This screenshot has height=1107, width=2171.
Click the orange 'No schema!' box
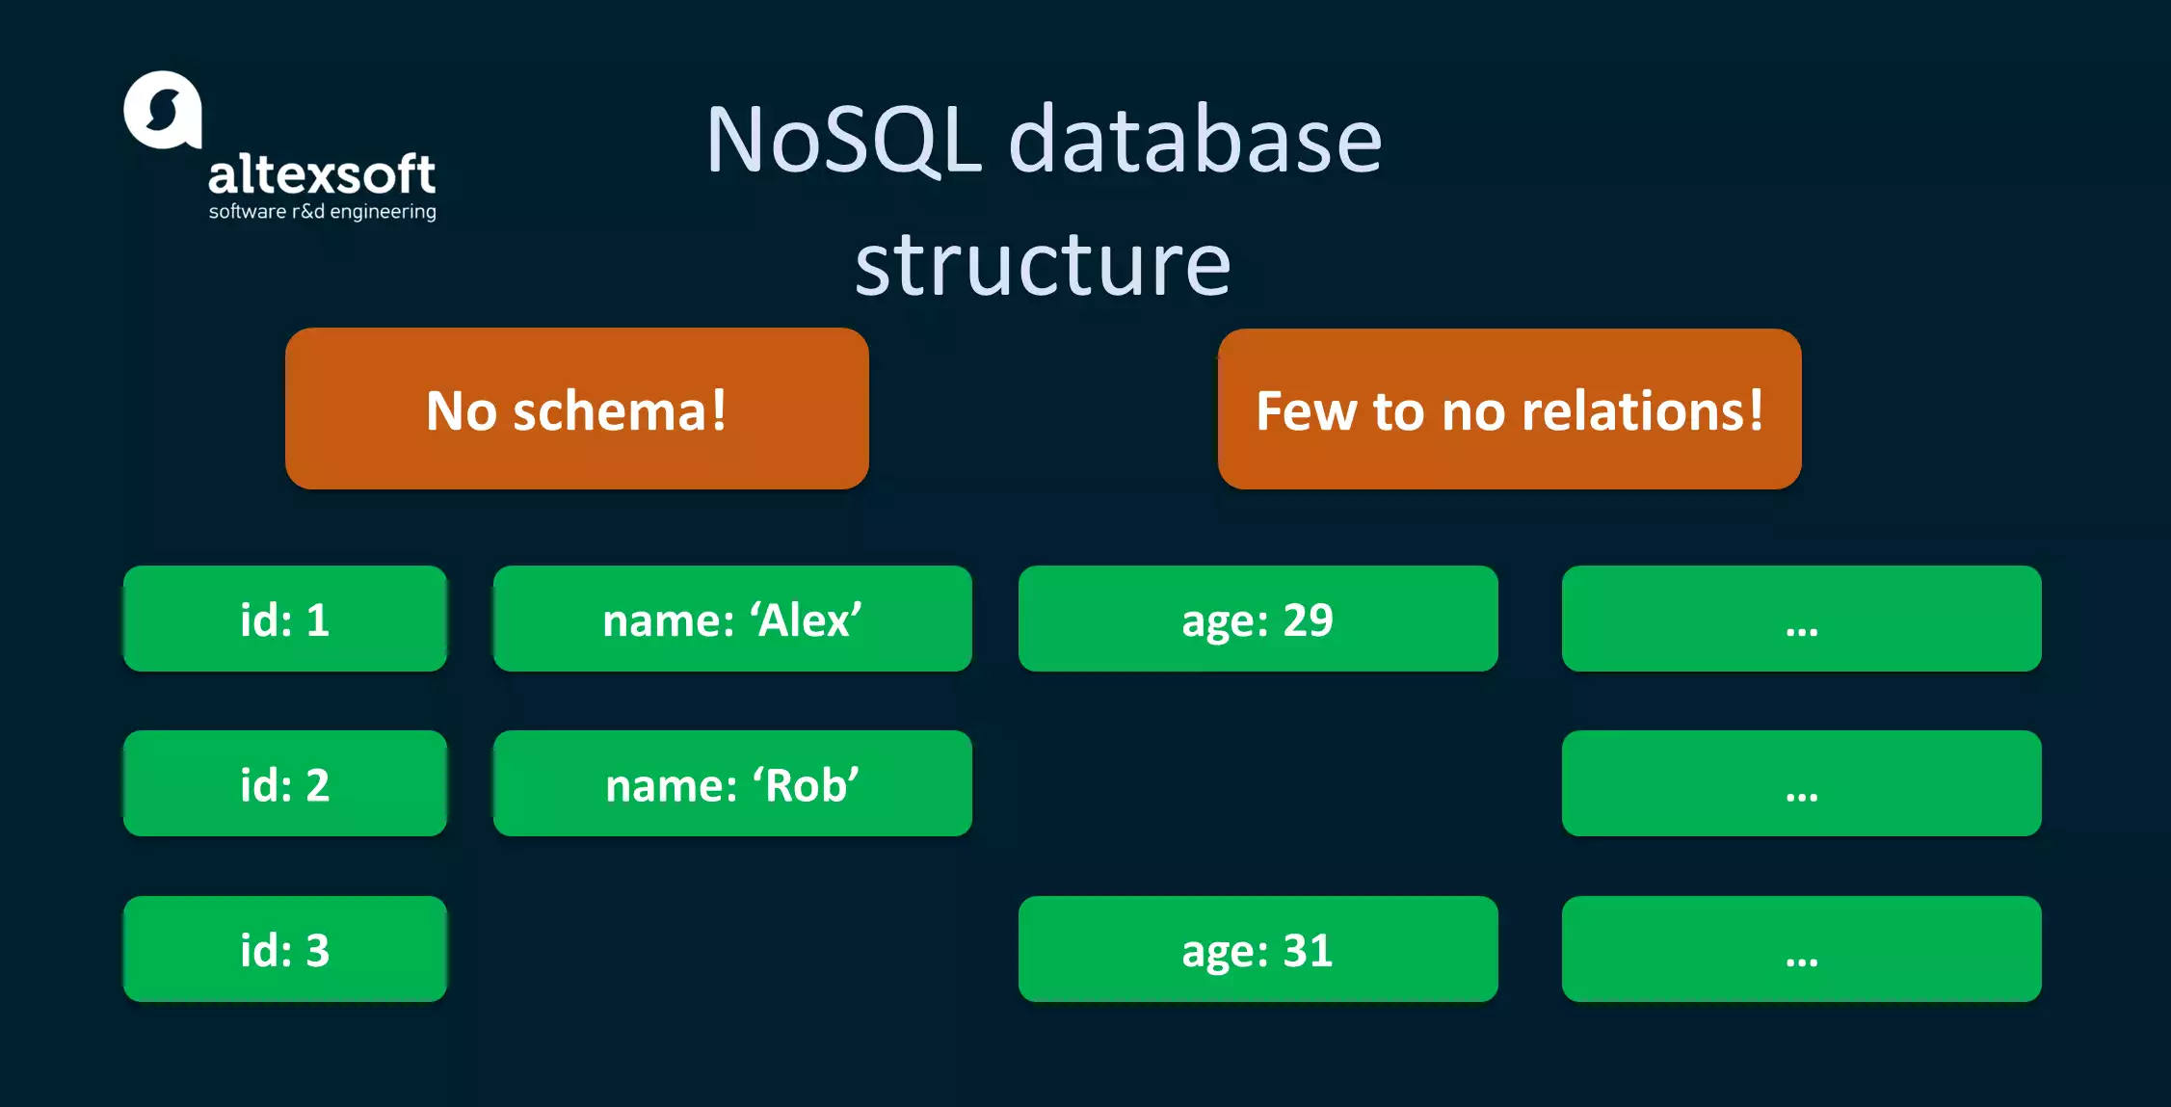pos(576,409)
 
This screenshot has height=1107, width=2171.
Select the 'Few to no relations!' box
pos(1509,409)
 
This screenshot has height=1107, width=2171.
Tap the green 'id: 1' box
pos(285,619)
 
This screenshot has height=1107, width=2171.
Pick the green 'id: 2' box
pos(285,783)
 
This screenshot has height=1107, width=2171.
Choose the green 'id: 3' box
pos(285,949)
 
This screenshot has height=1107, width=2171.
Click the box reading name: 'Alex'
pos(732,619)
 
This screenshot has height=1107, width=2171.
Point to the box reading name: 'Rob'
pos(732,783)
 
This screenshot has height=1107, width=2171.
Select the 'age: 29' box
pos(1258,619)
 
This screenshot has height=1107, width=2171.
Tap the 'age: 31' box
pos(1258,949)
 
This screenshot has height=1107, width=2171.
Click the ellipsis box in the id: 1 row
pos(1801,619)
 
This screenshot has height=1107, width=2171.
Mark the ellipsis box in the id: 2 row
pos(1801,783)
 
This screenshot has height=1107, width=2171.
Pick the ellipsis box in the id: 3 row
pos(1801,949)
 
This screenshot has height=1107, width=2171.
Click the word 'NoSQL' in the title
pos(844,141)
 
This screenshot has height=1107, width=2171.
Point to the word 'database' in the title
pos(1195,141)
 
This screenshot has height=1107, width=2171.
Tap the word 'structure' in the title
pos(1043,264)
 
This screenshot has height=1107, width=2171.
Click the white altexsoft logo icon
pos(162,110)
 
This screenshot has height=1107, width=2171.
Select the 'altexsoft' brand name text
pos(322,175)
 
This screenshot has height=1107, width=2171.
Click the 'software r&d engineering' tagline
pos(322,211)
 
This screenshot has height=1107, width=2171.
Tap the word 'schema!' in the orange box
pos(620,410)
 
